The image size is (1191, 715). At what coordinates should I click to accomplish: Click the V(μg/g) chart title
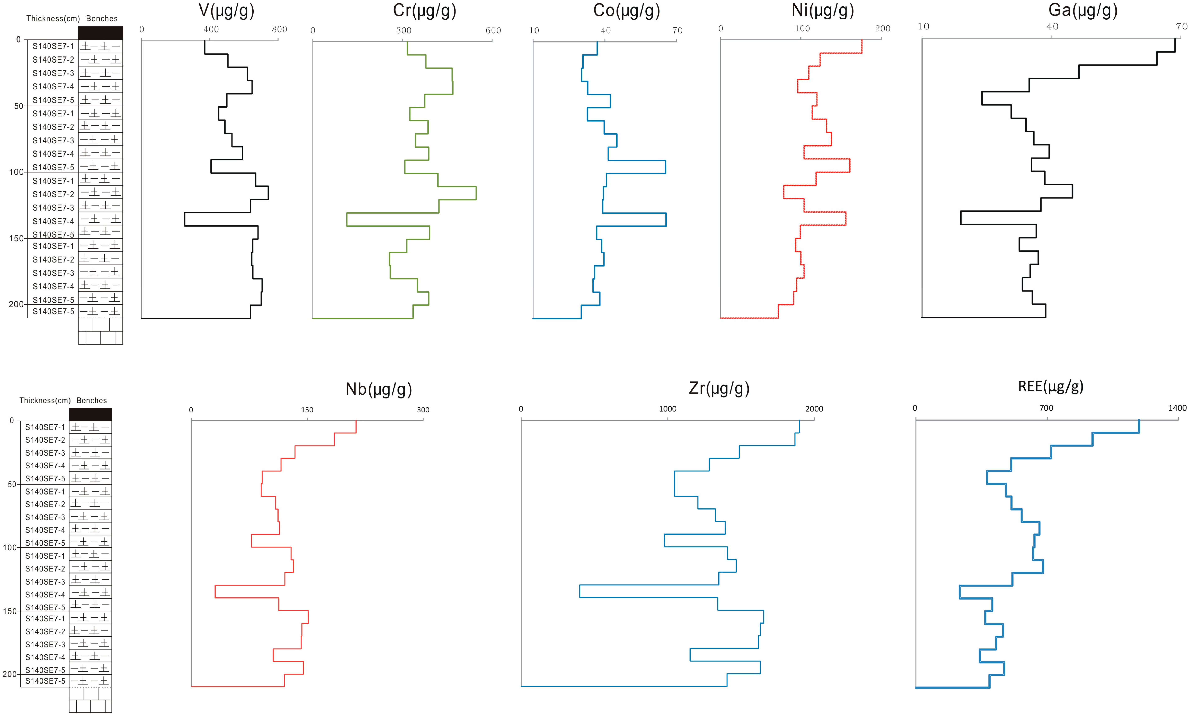(x=226, y=11)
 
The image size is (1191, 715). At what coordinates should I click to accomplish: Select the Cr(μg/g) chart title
(x=424, y=11)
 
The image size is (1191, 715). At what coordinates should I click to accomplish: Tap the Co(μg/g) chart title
(x=626, y=11)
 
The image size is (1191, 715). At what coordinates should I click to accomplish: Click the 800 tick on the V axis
(x=279, y=29)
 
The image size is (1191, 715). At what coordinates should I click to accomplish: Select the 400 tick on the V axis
(x=211, y=29)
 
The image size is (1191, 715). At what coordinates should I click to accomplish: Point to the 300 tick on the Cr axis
(x=404, y=30)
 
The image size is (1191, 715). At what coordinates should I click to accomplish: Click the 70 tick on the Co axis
(x=677, y=30)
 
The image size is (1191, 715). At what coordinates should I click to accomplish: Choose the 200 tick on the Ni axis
(x=882, y=28)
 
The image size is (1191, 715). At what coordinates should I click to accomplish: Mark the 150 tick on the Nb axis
(x=307, y=410)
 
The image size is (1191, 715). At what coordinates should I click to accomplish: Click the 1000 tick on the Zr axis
(x=667, y=409)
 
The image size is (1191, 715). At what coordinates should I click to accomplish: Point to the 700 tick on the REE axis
(x=1046, y=408)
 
